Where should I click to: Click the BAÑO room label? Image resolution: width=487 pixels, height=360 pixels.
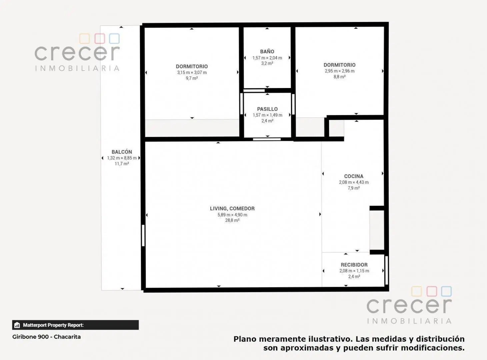(267, 52)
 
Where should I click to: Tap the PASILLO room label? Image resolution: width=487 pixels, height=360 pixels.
(267, 109)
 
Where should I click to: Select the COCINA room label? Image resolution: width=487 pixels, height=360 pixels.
(354, 176)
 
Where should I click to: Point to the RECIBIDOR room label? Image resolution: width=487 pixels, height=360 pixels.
(354, 265)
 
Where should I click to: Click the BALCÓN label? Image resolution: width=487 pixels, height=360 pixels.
(122, 152)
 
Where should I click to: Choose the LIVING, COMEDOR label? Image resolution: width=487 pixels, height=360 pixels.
(232, 208)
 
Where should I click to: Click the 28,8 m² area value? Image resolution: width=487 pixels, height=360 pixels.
(232, 220)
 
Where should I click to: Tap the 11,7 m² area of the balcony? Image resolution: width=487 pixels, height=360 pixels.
(122, 164)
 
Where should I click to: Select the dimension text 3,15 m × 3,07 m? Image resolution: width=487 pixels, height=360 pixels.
(192, 72)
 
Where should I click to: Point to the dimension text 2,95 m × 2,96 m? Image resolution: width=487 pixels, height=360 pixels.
(339, 71)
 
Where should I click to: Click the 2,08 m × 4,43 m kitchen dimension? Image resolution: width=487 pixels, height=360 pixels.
(354, 182)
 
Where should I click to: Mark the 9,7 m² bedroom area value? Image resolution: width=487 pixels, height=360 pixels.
(192, 78)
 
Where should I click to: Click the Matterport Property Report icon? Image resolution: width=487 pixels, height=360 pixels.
(17, 325)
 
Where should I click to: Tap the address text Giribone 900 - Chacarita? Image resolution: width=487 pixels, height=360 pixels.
(46, 337)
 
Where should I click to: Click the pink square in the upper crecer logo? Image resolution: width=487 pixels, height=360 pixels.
(100, 38)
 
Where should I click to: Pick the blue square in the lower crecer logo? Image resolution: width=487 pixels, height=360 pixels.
(446, 291)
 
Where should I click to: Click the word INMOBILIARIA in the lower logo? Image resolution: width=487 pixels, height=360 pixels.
(409, 321)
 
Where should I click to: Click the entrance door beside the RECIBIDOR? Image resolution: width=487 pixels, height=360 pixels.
(386, 270)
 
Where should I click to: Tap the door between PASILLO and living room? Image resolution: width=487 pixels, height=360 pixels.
(267, 139)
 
